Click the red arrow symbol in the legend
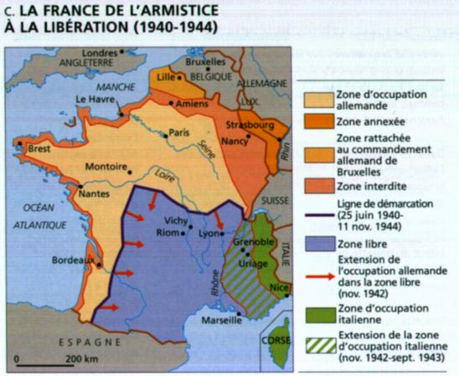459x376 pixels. (319, 270)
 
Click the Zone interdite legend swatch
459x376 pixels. (319, 182)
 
